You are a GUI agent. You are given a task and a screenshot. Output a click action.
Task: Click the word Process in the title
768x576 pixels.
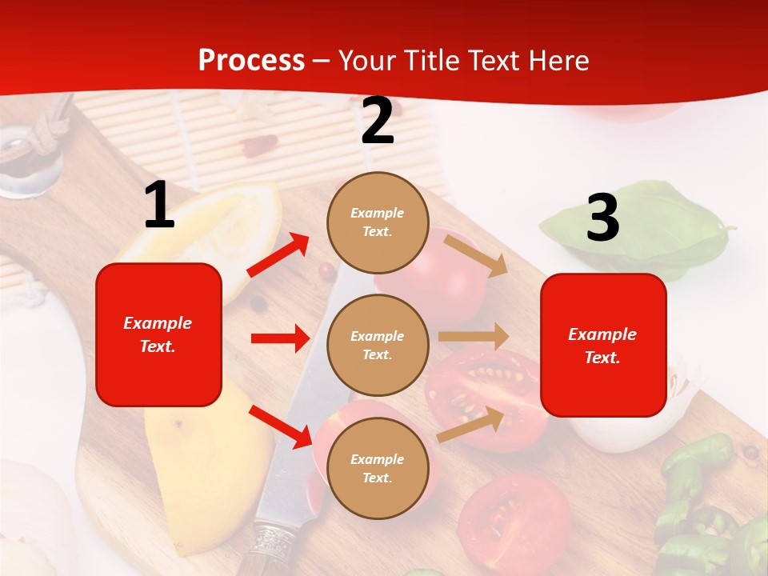pos(251,61)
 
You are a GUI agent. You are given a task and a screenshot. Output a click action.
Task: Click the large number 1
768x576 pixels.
pos(159,206)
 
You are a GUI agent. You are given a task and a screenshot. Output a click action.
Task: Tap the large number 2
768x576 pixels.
pos(378,122)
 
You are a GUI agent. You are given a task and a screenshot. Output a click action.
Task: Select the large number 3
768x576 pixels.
pos(602,218)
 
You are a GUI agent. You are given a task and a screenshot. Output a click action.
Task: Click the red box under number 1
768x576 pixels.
pos(158,334)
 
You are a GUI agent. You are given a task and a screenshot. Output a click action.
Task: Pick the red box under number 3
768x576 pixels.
pos(603,346)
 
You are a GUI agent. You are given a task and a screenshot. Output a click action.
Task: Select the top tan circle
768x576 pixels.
pos(378,222)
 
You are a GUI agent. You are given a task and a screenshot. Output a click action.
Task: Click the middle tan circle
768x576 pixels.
pos(378,346)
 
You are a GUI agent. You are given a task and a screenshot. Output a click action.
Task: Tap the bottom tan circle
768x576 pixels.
pos(378,469)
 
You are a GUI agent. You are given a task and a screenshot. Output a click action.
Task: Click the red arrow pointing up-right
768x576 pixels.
pos(278,255)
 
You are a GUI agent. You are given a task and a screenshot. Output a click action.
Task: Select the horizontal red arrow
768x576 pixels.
pos(280,338)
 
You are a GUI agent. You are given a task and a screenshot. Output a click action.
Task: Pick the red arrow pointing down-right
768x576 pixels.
pos(280,426)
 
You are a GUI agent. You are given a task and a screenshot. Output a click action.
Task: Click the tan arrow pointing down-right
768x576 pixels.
pos(476,255)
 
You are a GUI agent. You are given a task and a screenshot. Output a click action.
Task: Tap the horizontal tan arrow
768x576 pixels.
pos(473,337)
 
